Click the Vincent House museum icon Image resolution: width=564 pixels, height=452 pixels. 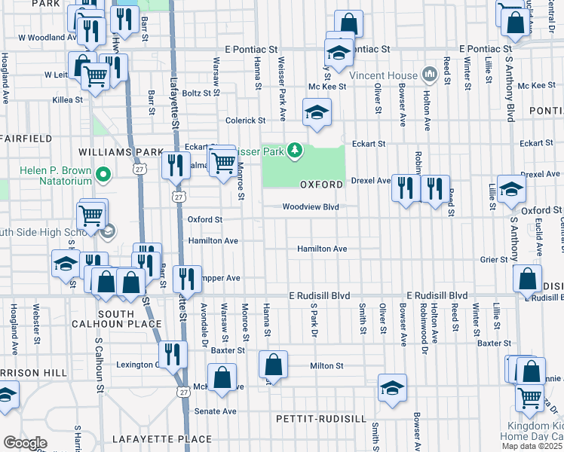click(x=431, y=75)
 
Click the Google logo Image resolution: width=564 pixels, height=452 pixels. click(x=25, y=442)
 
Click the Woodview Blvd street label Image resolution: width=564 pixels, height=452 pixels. click(x=310, y=206)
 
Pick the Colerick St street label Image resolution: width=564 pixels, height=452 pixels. click(x=246, y=120)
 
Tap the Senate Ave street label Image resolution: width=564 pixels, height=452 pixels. click(x=216, y=411)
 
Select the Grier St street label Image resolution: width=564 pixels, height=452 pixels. click(x=495, y=260)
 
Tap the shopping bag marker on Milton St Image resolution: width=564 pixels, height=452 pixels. click(x=274, y=365)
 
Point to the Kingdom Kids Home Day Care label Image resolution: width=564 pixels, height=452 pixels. click(x=532, y=432)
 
